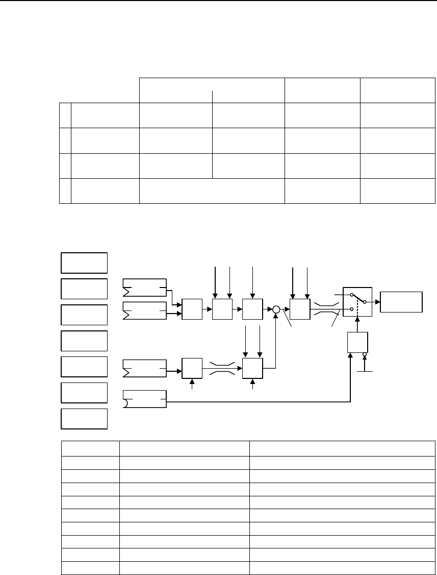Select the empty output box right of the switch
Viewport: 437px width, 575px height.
(x=401, y=301)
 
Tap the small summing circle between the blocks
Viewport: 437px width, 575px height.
(x=276, y=309)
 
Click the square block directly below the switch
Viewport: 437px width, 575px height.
(x=356, y=342)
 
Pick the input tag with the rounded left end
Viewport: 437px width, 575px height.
(x=145, y=399)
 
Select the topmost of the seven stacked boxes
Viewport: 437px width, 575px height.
(x=84, y=262)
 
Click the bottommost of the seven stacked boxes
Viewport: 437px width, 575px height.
(x=84, y=418)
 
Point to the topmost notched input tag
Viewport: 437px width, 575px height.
(x=145, y=287)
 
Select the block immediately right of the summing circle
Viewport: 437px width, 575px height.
(x=299, y=309)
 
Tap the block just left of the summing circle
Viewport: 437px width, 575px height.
(x=252, y=309)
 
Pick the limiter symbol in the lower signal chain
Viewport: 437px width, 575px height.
(x=222, y=368)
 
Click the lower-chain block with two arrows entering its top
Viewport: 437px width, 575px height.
(x=252, y=368)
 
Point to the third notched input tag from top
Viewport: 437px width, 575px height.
(x=145, y=368)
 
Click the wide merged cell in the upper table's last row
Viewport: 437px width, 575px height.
(x=212, y=190)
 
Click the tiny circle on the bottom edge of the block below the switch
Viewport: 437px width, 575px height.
(x=365, y=354)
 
